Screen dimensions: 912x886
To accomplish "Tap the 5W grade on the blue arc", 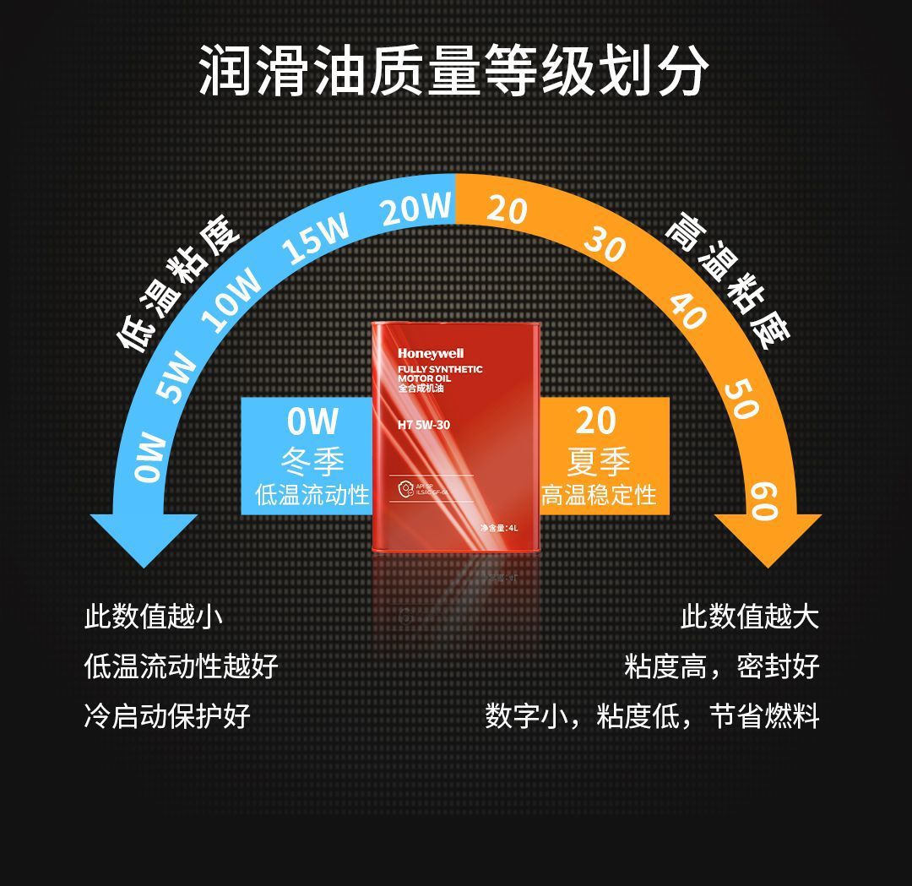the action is coord(176,377).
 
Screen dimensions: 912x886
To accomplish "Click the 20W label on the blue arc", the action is coord(415,208).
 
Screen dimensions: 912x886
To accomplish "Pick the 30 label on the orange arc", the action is coord(605,245).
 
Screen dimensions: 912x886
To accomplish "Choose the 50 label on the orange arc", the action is coord(741,398).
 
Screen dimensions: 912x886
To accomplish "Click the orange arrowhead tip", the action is coord(768,564).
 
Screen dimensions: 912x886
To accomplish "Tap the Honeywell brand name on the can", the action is coord(431,353).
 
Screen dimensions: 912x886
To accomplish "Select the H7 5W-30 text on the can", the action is coord(424,425).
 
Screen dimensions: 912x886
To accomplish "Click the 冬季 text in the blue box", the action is coord(312,461).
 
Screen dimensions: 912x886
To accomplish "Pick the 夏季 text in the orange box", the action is coord(599,461).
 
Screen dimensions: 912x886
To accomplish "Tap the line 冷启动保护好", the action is coord(167,716).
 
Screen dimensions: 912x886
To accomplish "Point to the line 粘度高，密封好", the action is coord(721,666).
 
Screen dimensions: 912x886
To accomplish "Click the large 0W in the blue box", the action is coord(312,421).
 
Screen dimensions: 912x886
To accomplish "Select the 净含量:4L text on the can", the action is coord(498,528).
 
